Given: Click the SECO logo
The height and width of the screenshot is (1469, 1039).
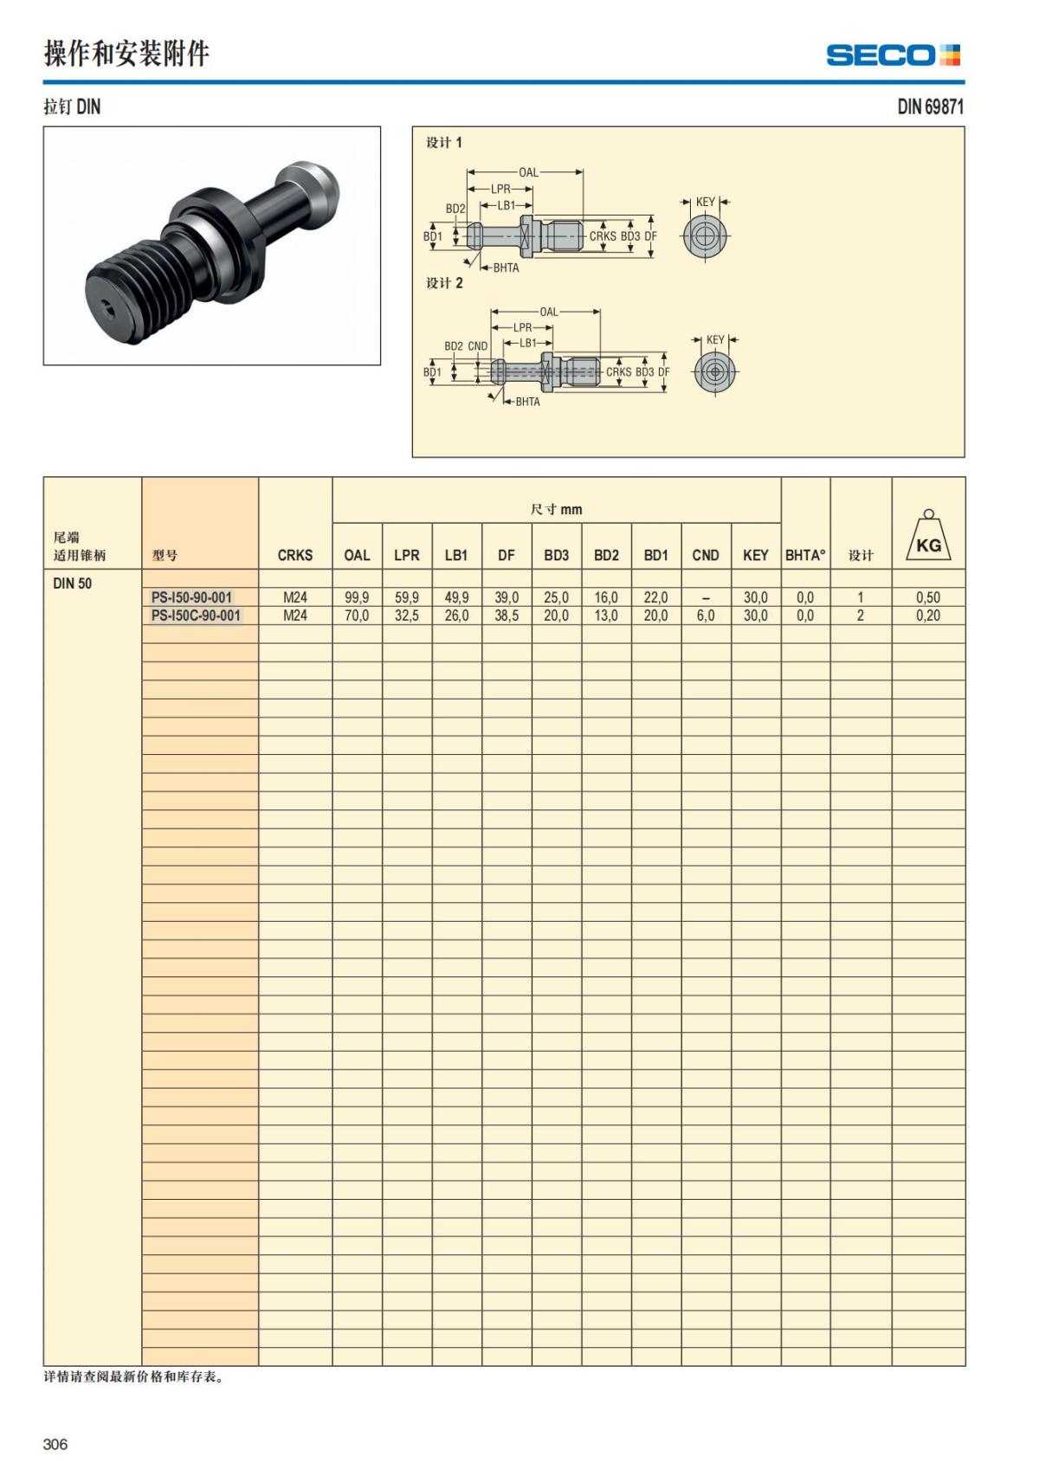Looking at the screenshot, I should (893, 55).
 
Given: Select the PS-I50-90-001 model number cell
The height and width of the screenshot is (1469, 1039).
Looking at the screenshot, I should (191, 597).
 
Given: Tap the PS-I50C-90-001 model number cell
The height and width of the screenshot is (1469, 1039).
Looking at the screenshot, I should (196, 615).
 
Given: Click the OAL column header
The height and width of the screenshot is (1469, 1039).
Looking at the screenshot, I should (357, 555).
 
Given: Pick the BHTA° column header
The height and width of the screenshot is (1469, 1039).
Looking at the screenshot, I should (805, 555).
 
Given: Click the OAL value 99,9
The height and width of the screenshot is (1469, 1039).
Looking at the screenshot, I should (357, 597).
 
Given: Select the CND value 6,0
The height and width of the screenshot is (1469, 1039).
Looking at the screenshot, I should (706, 615).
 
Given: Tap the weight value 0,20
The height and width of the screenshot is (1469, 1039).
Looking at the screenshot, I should (928, 615).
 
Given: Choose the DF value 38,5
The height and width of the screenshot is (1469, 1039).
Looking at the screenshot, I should (507, 615).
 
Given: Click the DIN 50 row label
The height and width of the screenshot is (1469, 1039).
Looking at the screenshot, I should (73, 583).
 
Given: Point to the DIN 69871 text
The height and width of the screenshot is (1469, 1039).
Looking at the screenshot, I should (930, 106).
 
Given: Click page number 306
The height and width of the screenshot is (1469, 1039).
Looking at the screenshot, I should (55, 1444).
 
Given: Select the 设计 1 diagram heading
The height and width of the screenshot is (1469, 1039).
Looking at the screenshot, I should (444, 143).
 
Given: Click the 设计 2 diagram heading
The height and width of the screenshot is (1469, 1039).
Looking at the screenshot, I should (444, 283).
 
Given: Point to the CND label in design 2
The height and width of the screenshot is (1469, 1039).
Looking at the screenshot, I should (478, 346).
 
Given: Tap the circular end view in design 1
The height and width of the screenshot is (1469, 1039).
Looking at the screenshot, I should (706, 235).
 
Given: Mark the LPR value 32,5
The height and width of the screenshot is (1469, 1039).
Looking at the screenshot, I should (407, 615).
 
